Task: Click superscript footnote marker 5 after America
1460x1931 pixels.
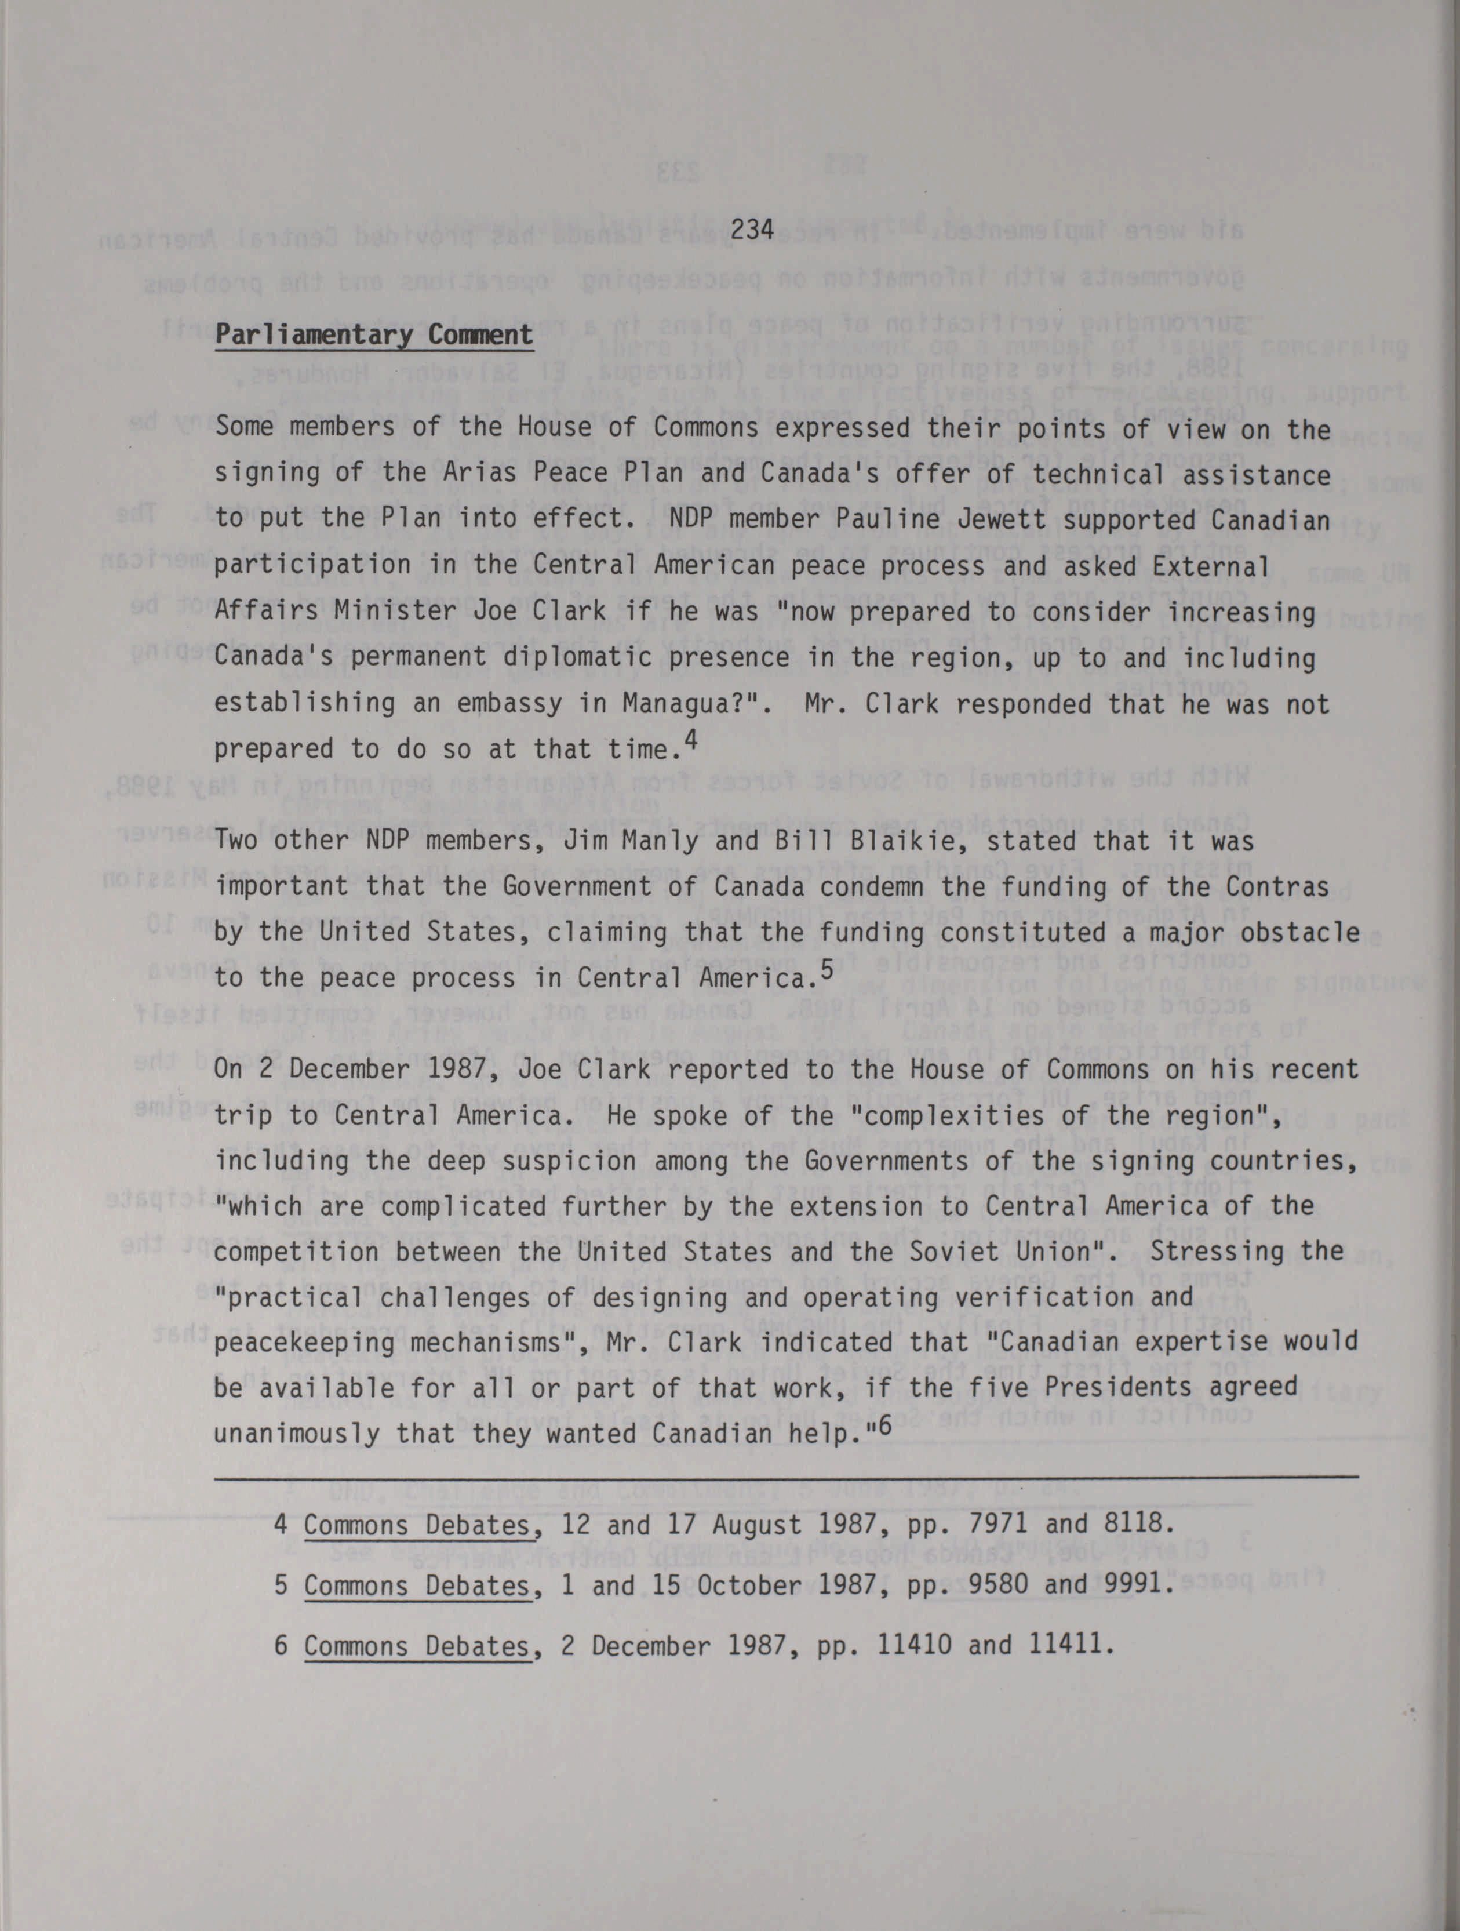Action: point(827,968)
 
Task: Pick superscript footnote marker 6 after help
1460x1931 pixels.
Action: point(885,1425)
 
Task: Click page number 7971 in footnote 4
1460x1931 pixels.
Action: point(995,1525)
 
